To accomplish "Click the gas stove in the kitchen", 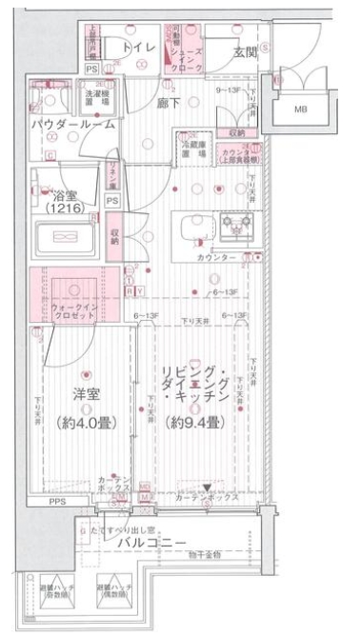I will click(234, 227).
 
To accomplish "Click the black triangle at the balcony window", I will click(206, 487).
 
